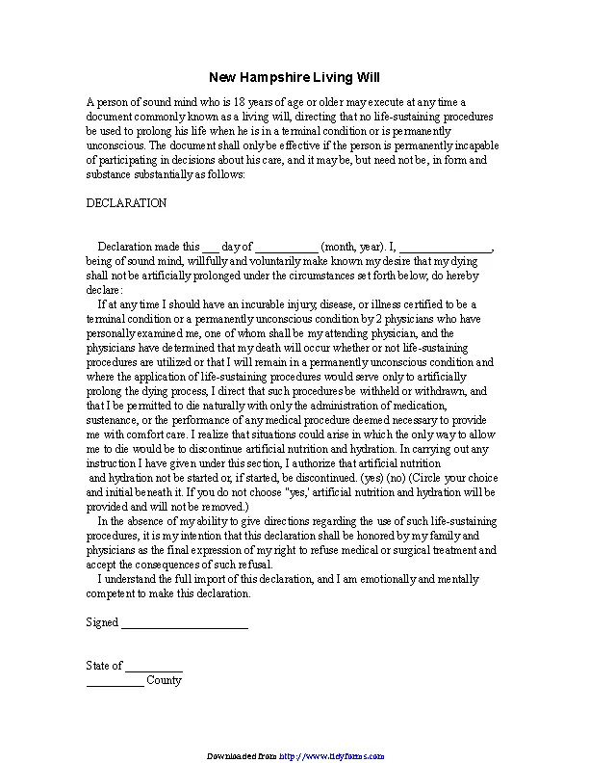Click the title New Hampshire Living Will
294,77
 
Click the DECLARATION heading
126,203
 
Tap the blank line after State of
154,666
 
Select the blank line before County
115,680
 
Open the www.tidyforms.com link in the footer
332,756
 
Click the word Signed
102,622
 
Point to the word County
164,680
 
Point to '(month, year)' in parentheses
352,247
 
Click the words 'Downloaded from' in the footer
242,756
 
